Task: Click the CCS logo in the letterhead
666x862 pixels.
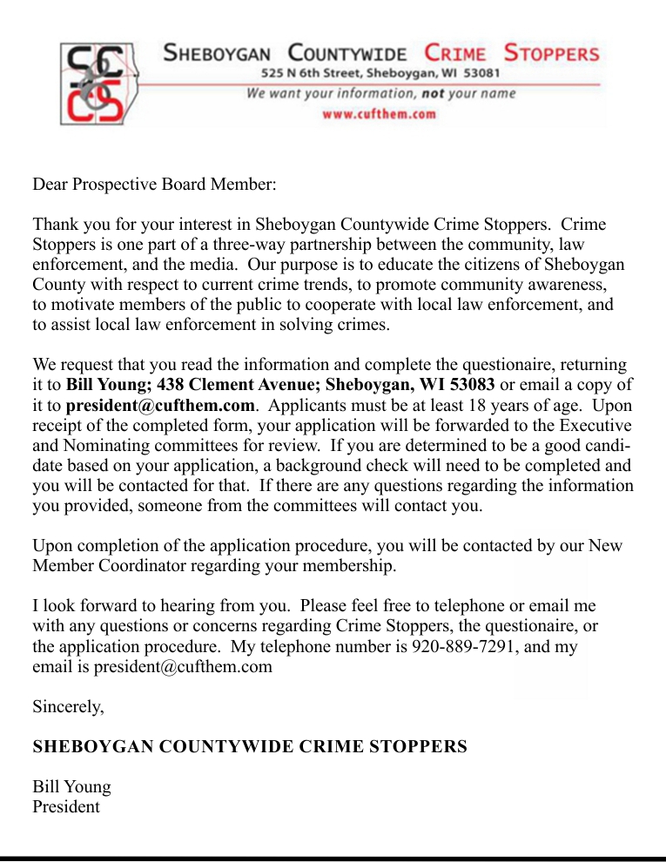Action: click(x=95, y=83)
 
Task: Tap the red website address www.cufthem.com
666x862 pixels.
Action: click(x=379, y=114)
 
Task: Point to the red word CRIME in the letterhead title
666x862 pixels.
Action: click(x=455, y=53)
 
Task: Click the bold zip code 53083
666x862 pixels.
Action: click(x=471, y=385)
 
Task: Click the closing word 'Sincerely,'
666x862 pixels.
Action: click(x=69, y=707)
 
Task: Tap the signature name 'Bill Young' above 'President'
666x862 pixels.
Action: click(x=72, y=787)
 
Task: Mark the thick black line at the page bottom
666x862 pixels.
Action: click(x=333, y=858)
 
